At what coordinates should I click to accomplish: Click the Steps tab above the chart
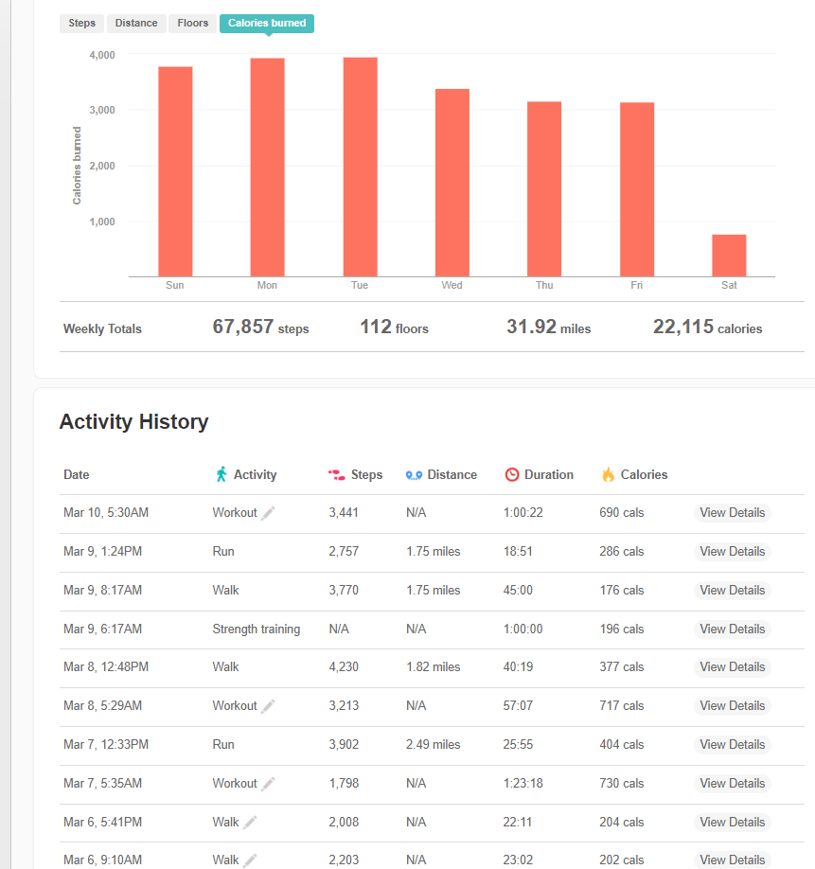point(81,24)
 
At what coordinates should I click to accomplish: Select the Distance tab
point(136,24)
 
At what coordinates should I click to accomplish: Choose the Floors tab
point(192,24)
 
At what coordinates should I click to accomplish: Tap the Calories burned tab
point(266,24)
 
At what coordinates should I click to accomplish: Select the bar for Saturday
point(729,256)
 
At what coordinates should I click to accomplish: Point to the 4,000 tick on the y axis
point(102,55)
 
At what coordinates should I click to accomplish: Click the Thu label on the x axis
point(544,285)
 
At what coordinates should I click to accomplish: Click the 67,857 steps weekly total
point(260,328)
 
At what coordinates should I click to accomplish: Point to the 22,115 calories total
point(707,328)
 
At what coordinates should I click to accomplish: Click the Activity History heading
point(133,422)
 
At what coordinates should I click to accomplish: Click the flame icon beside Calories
point(608,474)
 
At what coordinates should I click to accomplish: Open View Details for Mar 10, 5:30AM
point(732,513)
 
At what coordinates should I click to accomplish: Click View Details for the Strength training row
point(732,629)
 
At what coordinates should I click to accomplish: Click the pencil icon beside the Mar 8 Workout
point(268,705)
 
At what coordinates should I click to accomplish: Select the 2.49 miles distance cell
point(433,744)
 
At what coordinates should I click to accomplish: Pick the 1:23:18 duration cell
point(523,783)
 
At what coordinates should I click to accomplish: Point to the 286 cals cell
point(621,552)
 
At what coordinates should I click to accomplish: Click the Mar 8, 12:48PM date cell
point(106,667)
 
